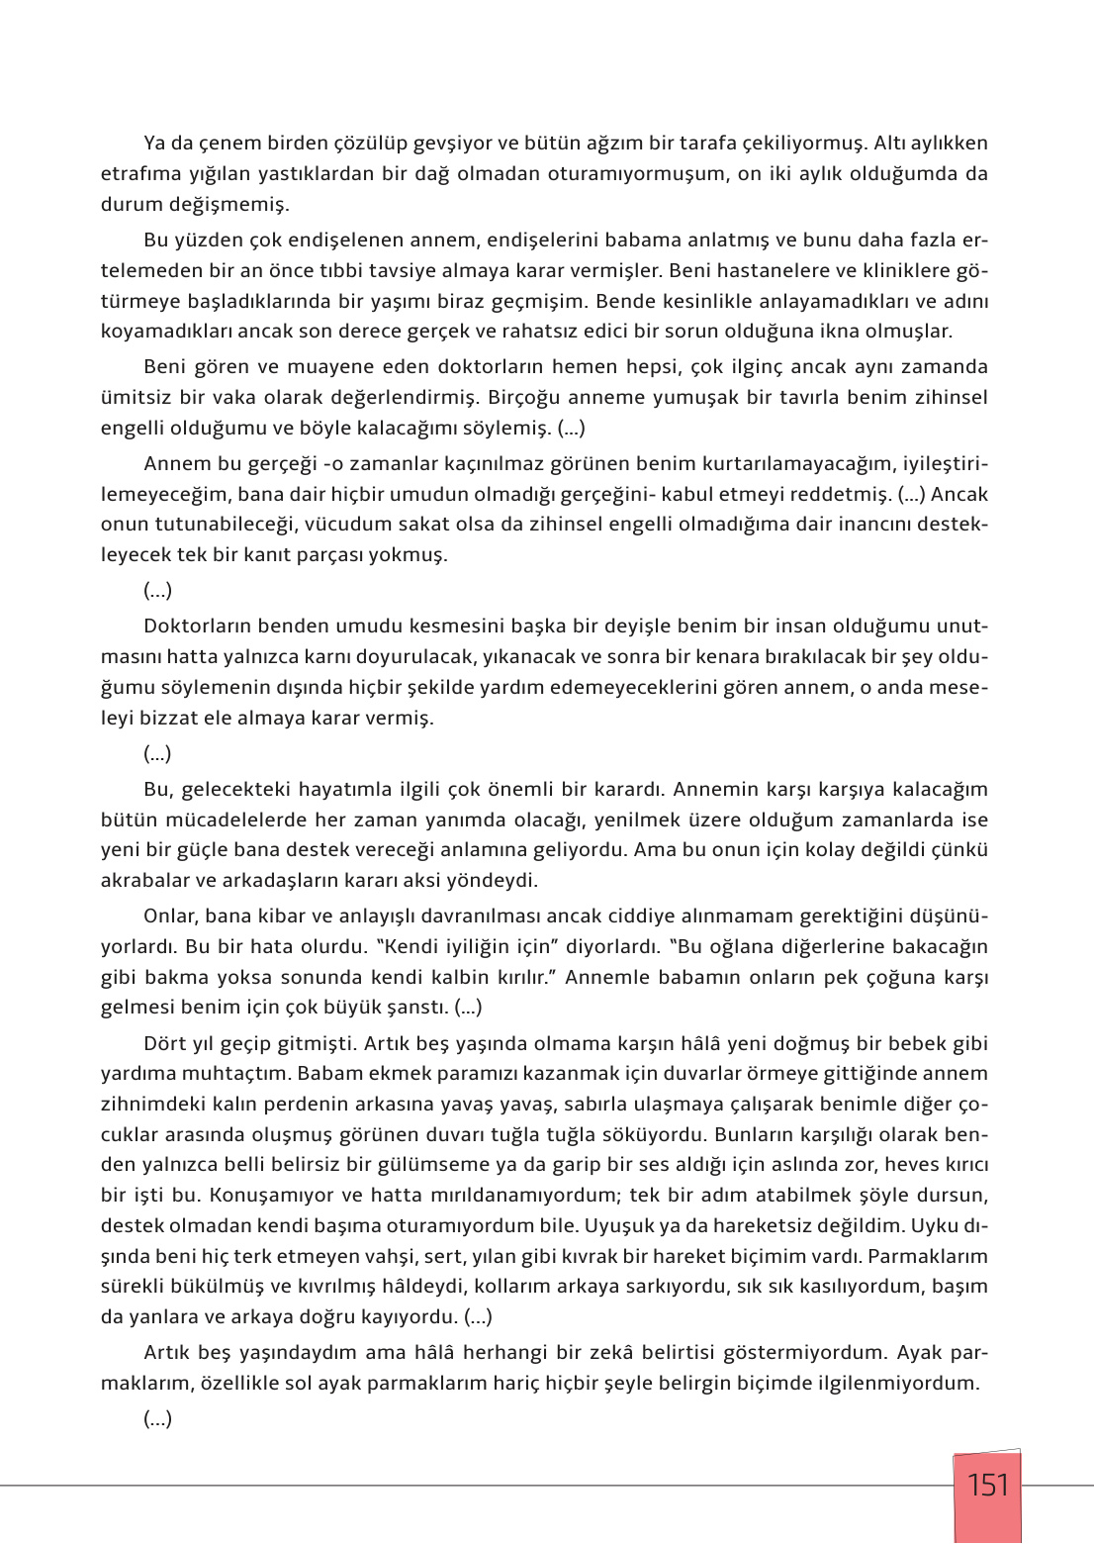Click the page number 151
point(987,1485)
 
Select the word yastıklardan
point(313,174)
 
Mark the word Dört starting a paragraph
point(165,1044)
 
